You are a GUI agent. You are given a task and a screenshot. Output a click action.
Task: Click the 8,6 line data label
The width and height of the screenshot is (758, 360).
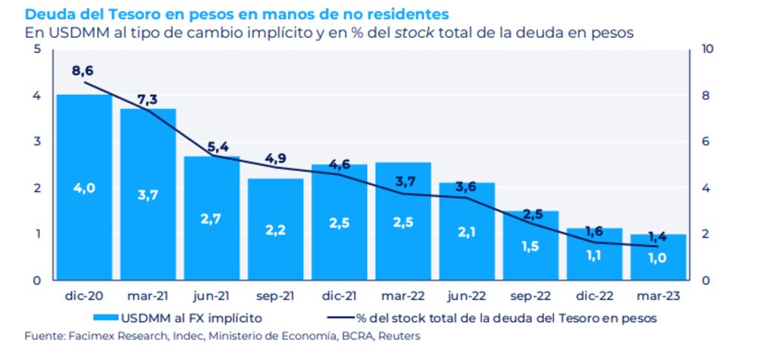tap(83, 70)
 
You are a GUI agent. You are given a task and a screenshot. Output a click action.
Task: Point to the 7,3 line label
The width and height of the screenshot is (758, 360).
tap(148, 100)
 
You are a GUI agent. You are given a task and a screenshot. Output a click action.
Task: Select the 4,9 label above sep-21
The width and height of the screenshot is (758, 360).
tap(275, 158)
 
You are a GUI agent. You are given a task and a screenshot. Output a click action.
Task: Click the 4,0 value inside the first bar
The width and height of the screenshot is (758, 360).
tap(84, 189)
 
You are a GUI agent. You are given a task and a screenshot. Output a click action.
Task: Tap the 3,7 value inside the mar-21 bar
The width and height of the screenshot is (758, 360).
tap(148, 196)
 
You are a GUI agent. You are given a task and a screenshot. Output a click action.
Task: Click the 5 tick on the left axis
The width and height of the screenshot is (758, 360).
tap(37, 49)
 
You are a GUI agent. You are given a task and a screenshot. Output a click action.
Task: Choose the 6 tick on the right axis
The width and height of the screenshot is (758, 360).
tap(706, 142)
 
